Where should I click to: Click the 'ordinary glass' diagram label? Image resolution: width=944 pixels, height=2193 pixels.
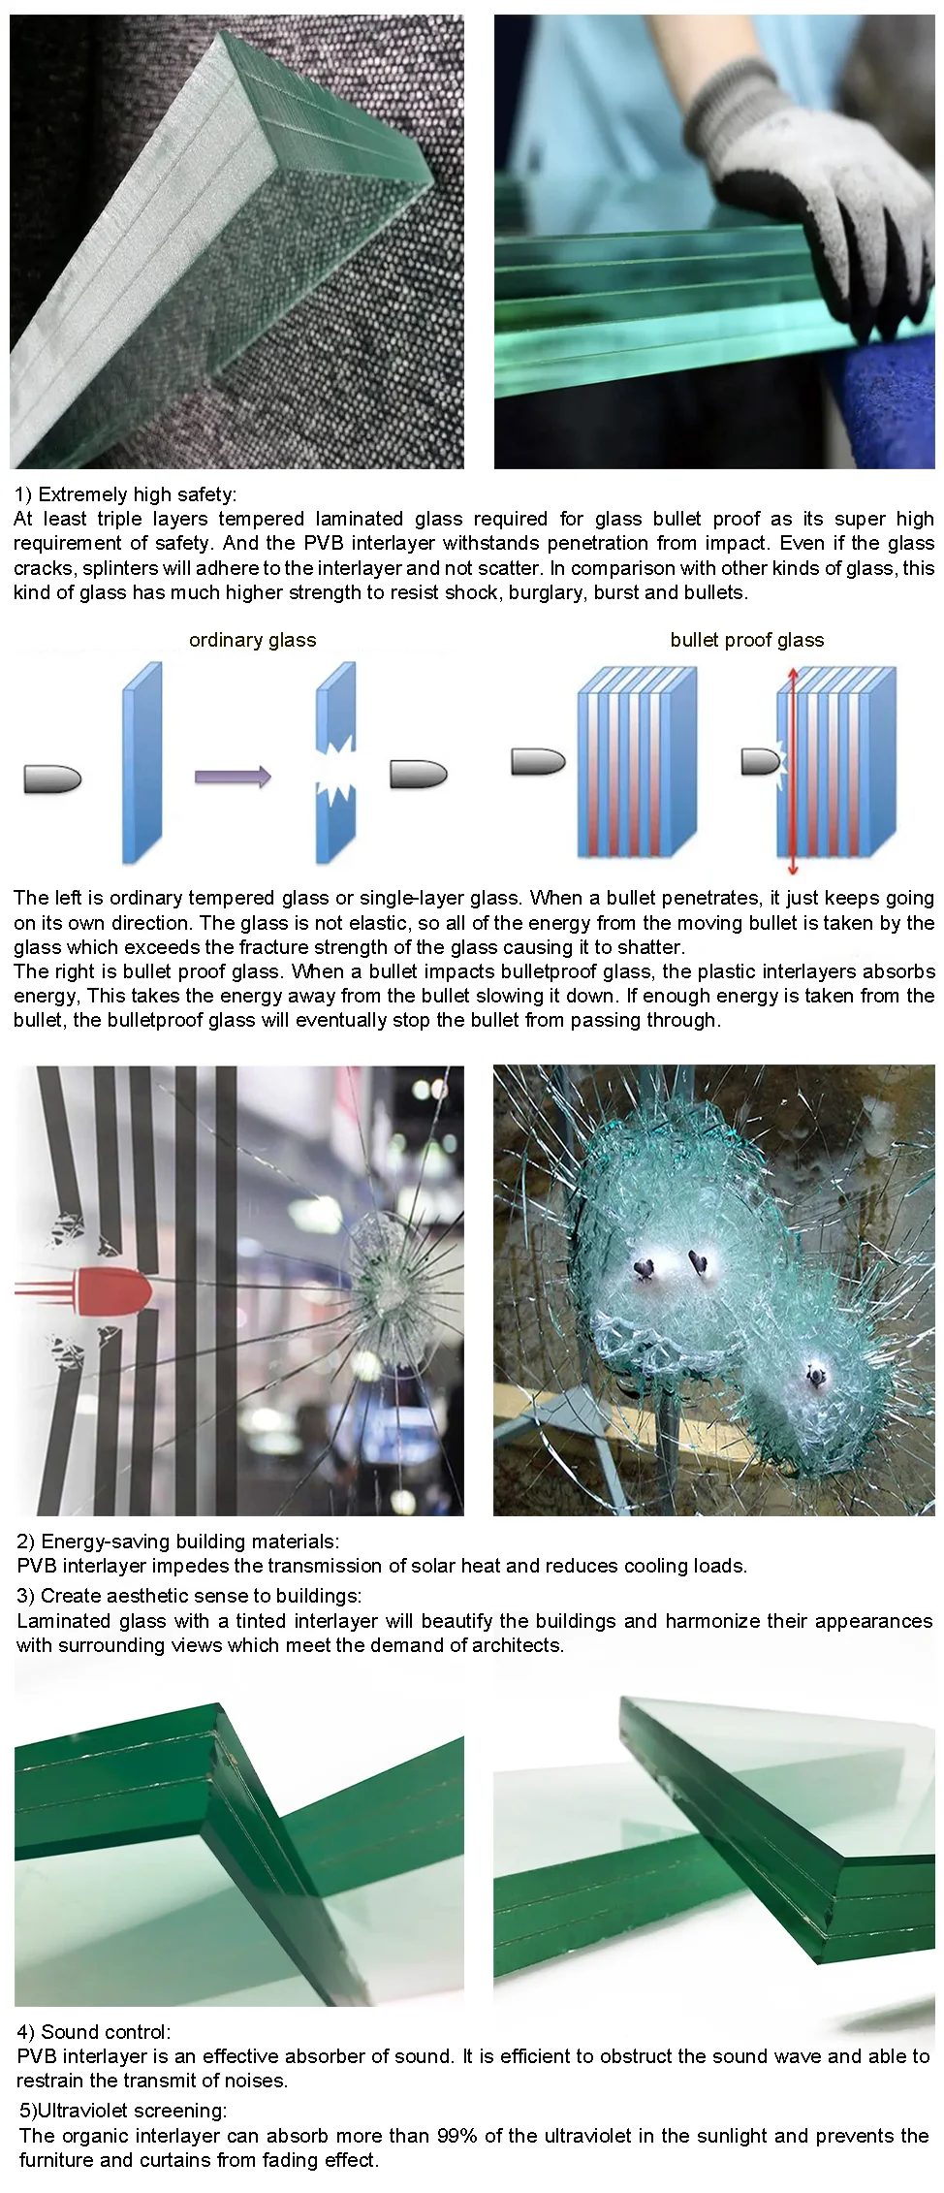[x=252, y=640]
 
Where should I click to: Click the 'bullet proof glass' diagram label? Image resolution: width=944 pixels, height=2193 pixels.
[x=746, y=640]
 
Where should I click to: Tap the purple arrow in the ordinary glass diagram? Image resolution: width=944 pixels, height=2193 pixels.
[x=233, y=777]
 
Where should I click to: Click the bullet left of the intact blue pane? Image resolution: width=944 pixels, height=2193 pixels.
[x=52, y=778]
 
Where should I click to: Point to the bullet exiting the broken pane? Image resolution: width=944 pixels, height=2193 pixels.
[x=418, y=774]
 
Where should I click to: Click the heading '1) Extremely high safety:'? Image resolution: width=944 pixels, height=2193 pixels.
[x=125, y=494]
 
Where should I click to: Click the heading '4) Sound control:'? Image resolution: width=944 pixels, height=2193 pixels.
[x=94, y=2032]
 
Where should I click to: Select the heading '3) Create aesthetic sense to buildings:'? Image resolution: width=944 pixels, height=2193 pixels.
[x=189, y=1596]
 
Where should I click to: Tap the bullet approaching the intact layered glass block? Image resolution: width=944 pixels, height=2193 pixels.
[x=538, y=762]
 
